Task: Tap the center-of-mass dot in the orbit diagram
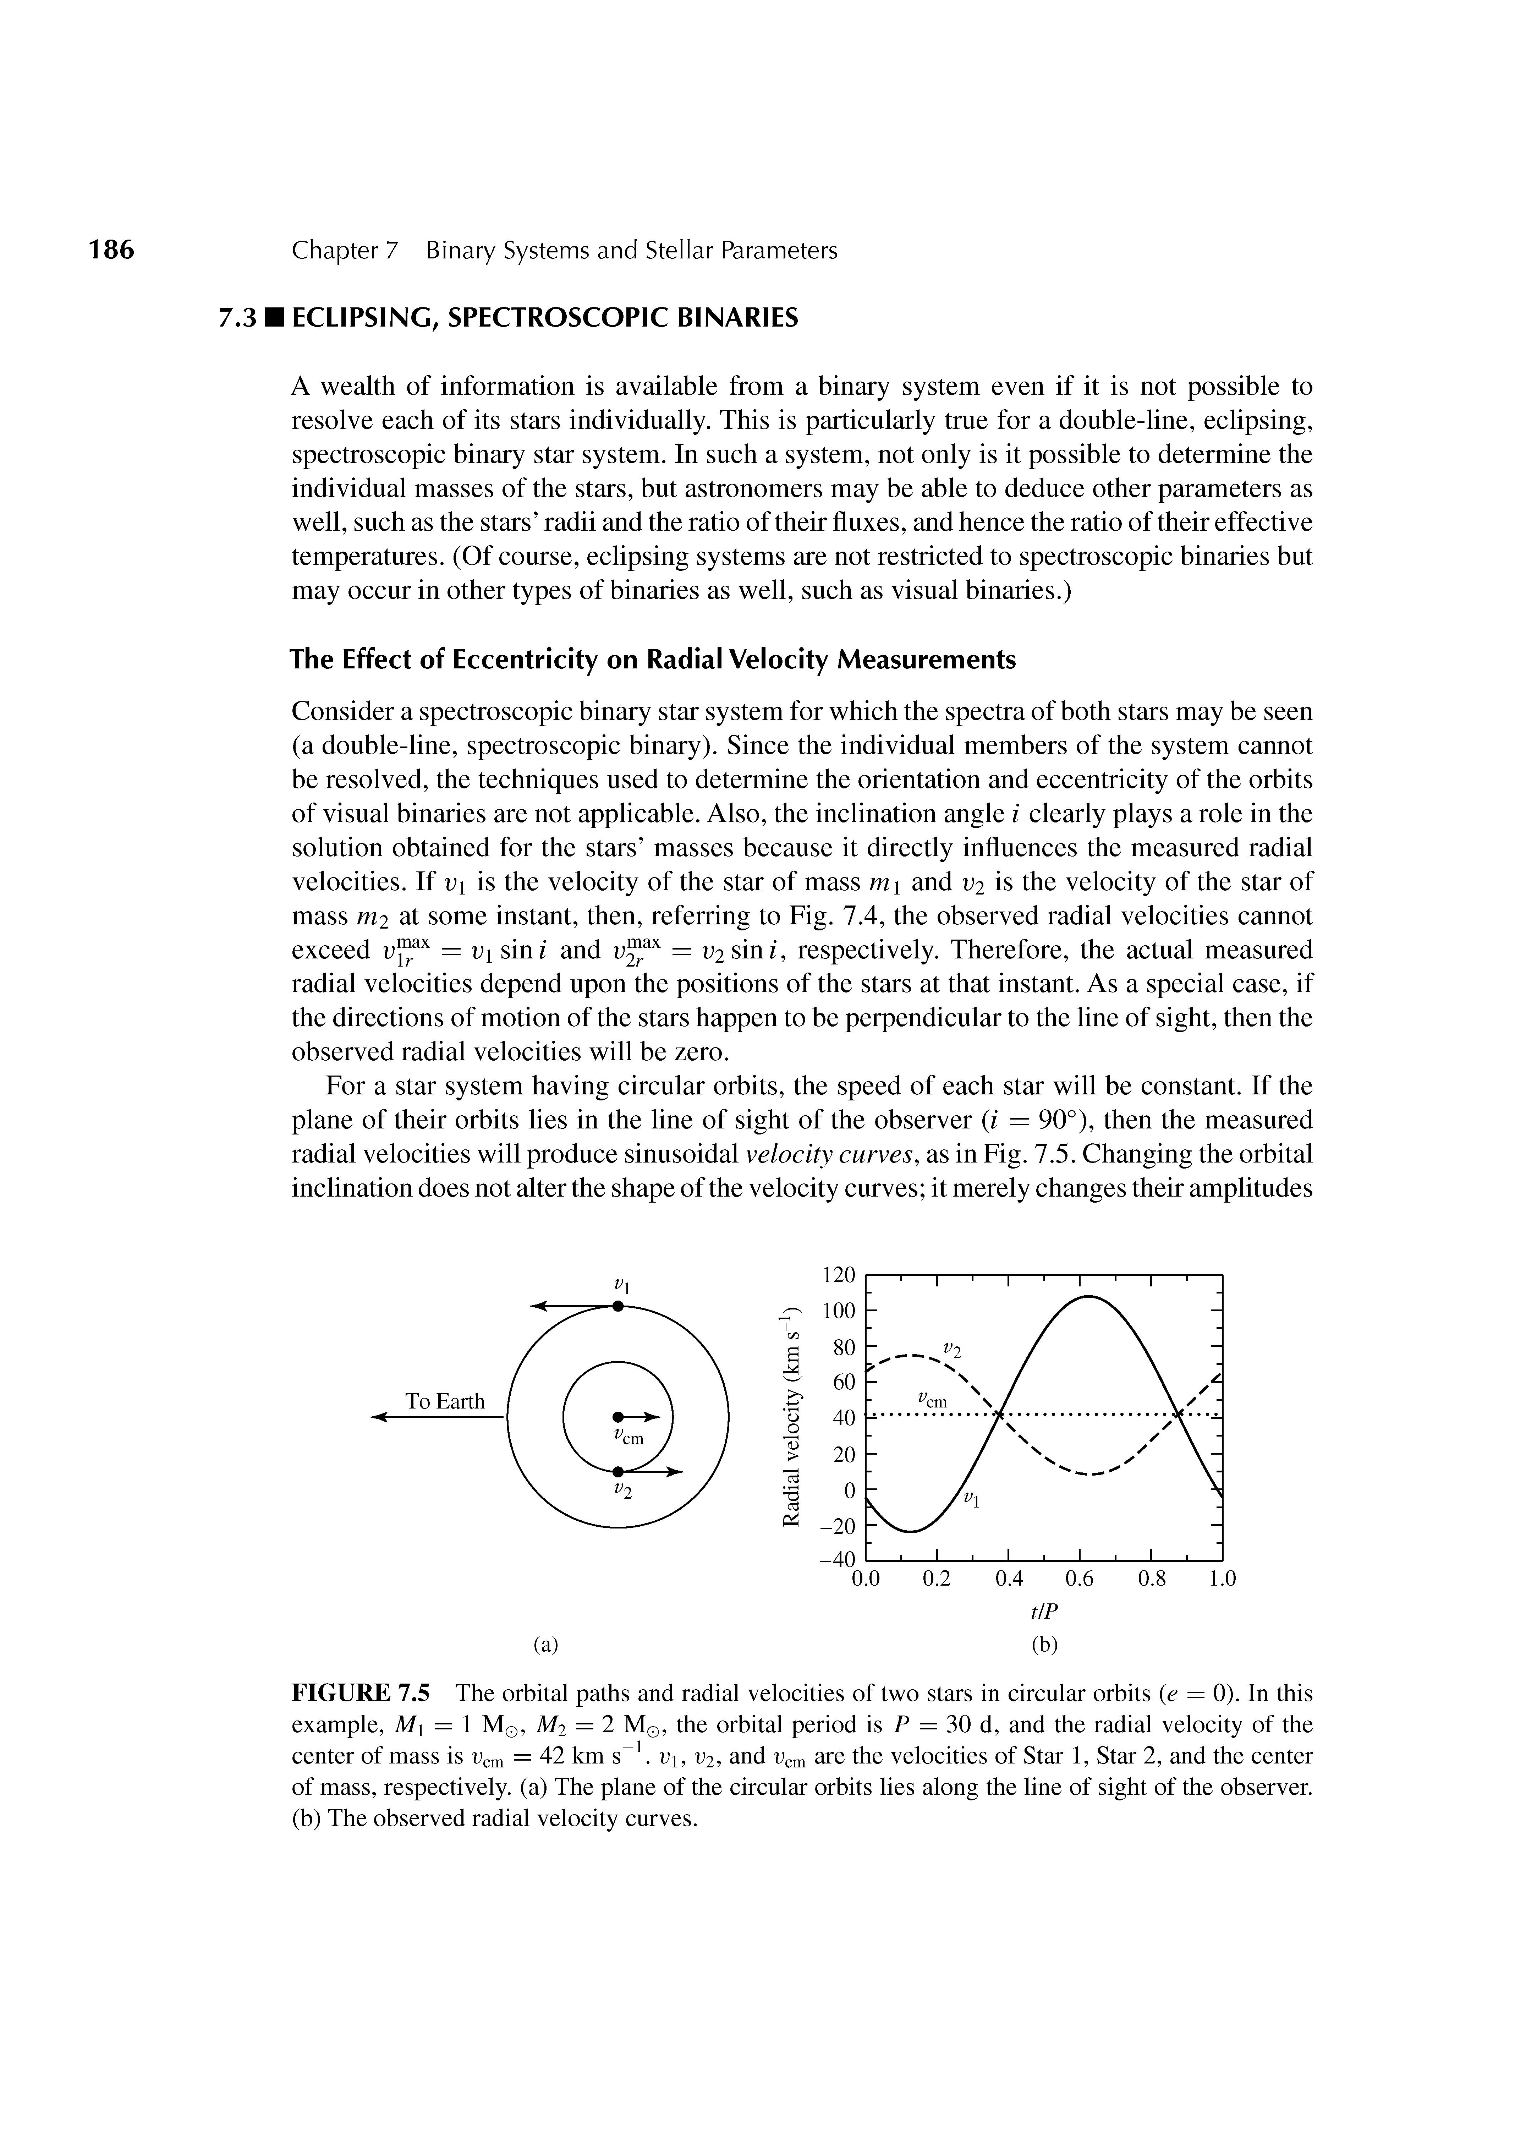pyautogui.click(x=617, y=1415)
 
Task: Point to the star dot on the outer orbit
pyautogui.click(x=617, y=1306)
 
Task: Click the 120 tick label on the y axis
pyautogui.click(x=839, y=1275)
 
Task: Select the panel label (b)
pyautogui.click(x=1044, y=1645)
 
